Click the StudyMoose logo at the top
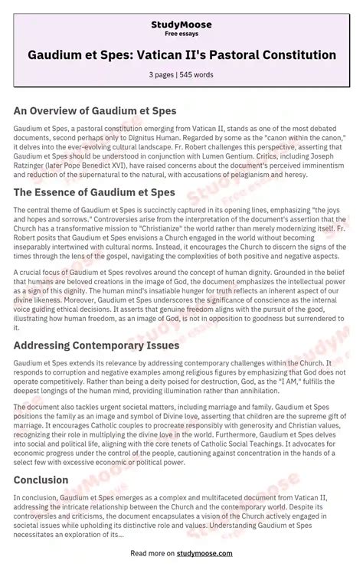181,25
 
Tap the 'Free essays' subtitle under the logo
181,34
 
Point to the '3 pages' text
162,74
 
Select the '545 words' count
198,74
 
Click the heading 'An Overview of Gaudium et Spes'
95,110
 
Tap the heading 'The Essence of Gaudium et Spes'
94,192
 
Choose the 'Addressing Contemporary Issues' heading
96,346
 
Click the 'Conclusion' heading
41,480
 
